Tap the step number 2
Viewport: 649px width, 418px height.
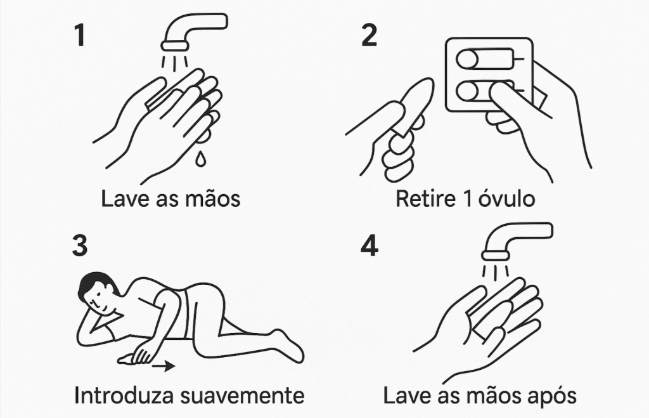click(369, 36)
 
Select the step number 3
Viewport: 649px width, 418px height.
click(80, 245)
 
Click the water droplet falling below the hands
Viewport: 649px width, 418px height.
click(200, 159)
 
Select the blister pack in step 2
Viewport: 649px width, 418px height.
click(489, 75)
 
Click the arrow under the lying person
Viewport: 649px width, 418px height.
click(163, 366)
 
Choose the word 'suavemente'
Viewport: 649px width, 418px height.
click(243, 396)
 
